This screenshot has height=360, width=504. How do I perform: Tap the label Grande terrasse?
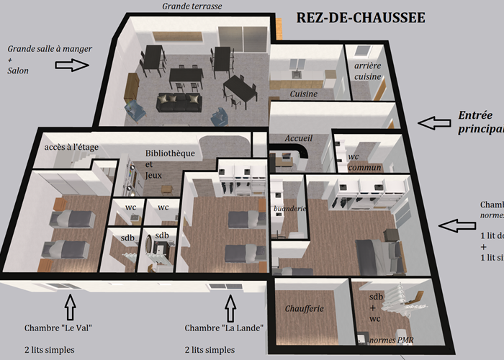[x=192, y=6]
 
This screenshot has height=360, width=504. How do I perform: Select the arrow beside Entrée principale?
[x=436, y=123]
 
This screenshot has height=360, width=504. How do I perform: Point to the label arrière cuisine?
[x=368, y=71]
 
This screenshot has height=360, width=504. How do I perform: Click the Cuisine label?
[x=304, y=94]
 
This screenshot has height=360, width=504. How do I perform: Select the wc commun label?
[x=364, y=162]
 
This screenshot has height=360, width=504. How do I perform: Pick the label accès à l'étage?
[x=71, y=147]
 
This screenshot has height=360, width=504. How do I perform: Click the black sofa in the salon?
[x=181, y=104]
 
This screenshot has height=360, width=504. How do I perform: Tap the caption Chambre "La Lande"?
[x=224, y=328]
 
